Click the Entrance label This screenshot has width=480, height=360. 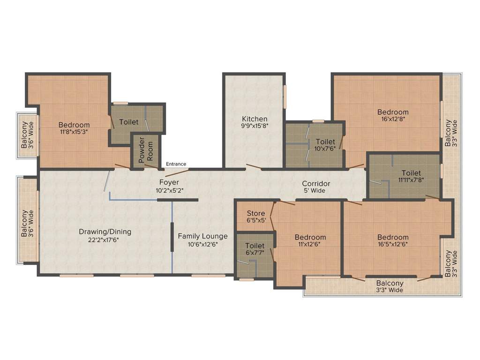click(x=176, y=164)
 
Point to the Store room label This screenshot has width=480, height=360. click(x=256, y=214)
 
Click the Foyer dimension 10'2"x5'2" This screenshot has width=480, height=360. click(x=169, y=190)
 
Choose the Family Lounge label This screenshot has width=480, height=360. click(x=202, y=236)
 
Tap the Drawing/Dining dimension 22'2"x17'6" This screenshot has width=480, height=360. click(x=105, y=240)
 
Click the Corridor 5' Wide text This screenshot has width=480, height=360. click(x=316, y=191)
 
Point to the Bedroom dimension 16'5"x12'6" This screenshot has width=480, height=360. click(x=393, y=245)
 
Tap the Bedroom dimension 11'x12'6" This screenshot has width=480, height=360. click(x=310, y=245)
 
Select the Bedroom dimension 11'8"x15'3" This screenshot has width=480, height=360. click(x=74, y=132)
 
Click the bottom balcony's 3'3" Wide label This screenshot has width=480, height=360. click(x=390, y=290)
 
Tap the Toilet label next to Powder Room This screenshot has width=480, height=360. click(x=128, y=122)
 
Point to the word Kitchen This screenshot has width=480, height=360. click(x=255, y=119)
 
